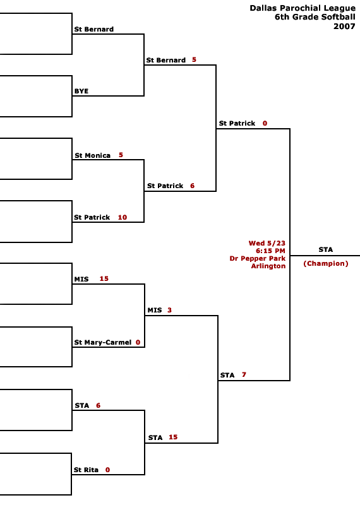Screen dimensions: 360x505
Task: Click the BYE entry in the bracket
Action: point(81,91)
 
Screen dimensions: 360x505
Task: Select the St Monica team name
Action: point(92,155)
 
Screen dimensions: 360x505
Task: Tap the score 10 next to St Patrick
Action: point(123,217)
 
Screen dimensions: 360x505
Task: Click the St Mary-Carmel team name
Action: point(103,342)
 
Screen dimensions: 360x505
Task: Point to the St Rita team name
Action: point(86,470)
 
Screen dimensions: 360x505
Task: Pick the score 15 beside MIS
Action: point(104,278)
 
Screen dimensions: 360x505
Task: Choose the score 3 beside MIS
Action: point(169,310)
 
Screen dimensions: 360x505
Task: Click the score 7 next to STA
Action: point(244,374)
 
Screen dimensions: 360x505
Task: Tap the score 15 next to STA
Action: point(173,437)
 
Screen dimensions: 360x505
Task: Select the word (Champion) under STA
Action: point(326,263)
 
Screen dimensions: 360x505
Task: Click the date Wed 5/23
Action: point(267,243)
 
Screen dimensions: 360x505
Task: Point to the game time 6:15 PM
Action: point(270,251)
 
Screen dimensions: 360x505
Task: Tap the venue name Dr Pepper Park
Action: point(258,258)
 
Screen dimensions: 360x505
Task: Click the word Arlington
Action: point(268,266)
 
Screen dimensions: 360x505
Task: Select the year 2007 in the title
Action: point(344,27)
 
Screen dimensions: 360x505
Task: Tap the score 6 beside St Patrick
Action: point(193,186)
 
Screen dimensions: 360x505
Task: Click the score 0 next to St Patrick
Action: point(265,123)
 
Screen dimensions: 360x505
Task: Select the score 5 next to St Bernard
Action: point(194,59)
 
